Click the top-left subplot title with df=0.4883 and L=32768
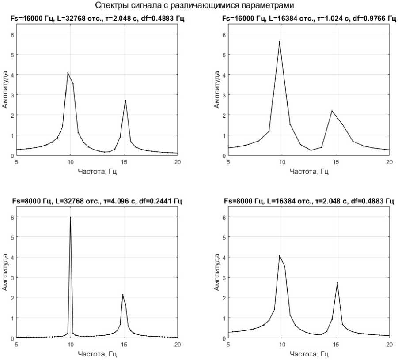[x=97, y=18]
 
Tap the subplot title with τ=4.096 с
[x=97, y=201]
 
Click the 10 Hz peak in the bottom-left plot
[x=70, y=217]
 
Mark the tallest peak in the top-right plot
[x=280, y=42]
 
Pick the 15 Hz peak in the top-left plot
[x=125, y=101]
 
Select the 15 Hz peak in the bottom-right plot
[x=337, y=283]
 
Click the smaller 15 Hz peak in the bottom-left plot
[x=123, y=295]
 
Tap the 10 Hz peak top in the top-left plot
[x=68, y=73]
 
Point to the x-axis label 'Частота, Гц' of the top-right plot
[x=309, y=172]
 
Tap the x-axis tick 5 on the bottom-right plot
[x=228, y=345]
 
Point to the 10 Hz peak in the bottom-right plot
[x=280, y=255]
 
